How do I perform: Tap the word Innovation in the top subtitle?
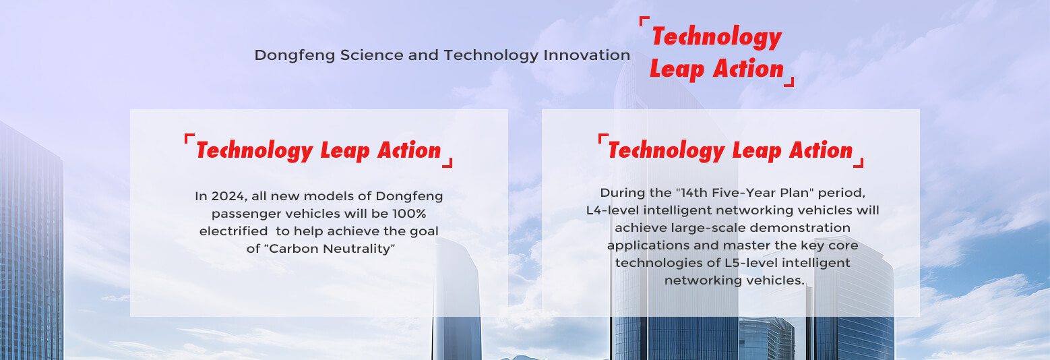587,55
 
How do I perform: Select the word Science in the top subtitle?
372,55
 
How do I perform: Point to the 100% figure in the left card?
409,214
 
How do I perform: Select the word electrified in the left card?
233,231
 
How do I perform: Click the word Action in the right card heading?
821,150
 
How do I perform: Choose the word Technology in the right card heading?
666,151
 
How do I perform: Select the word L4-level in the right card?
613,210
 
